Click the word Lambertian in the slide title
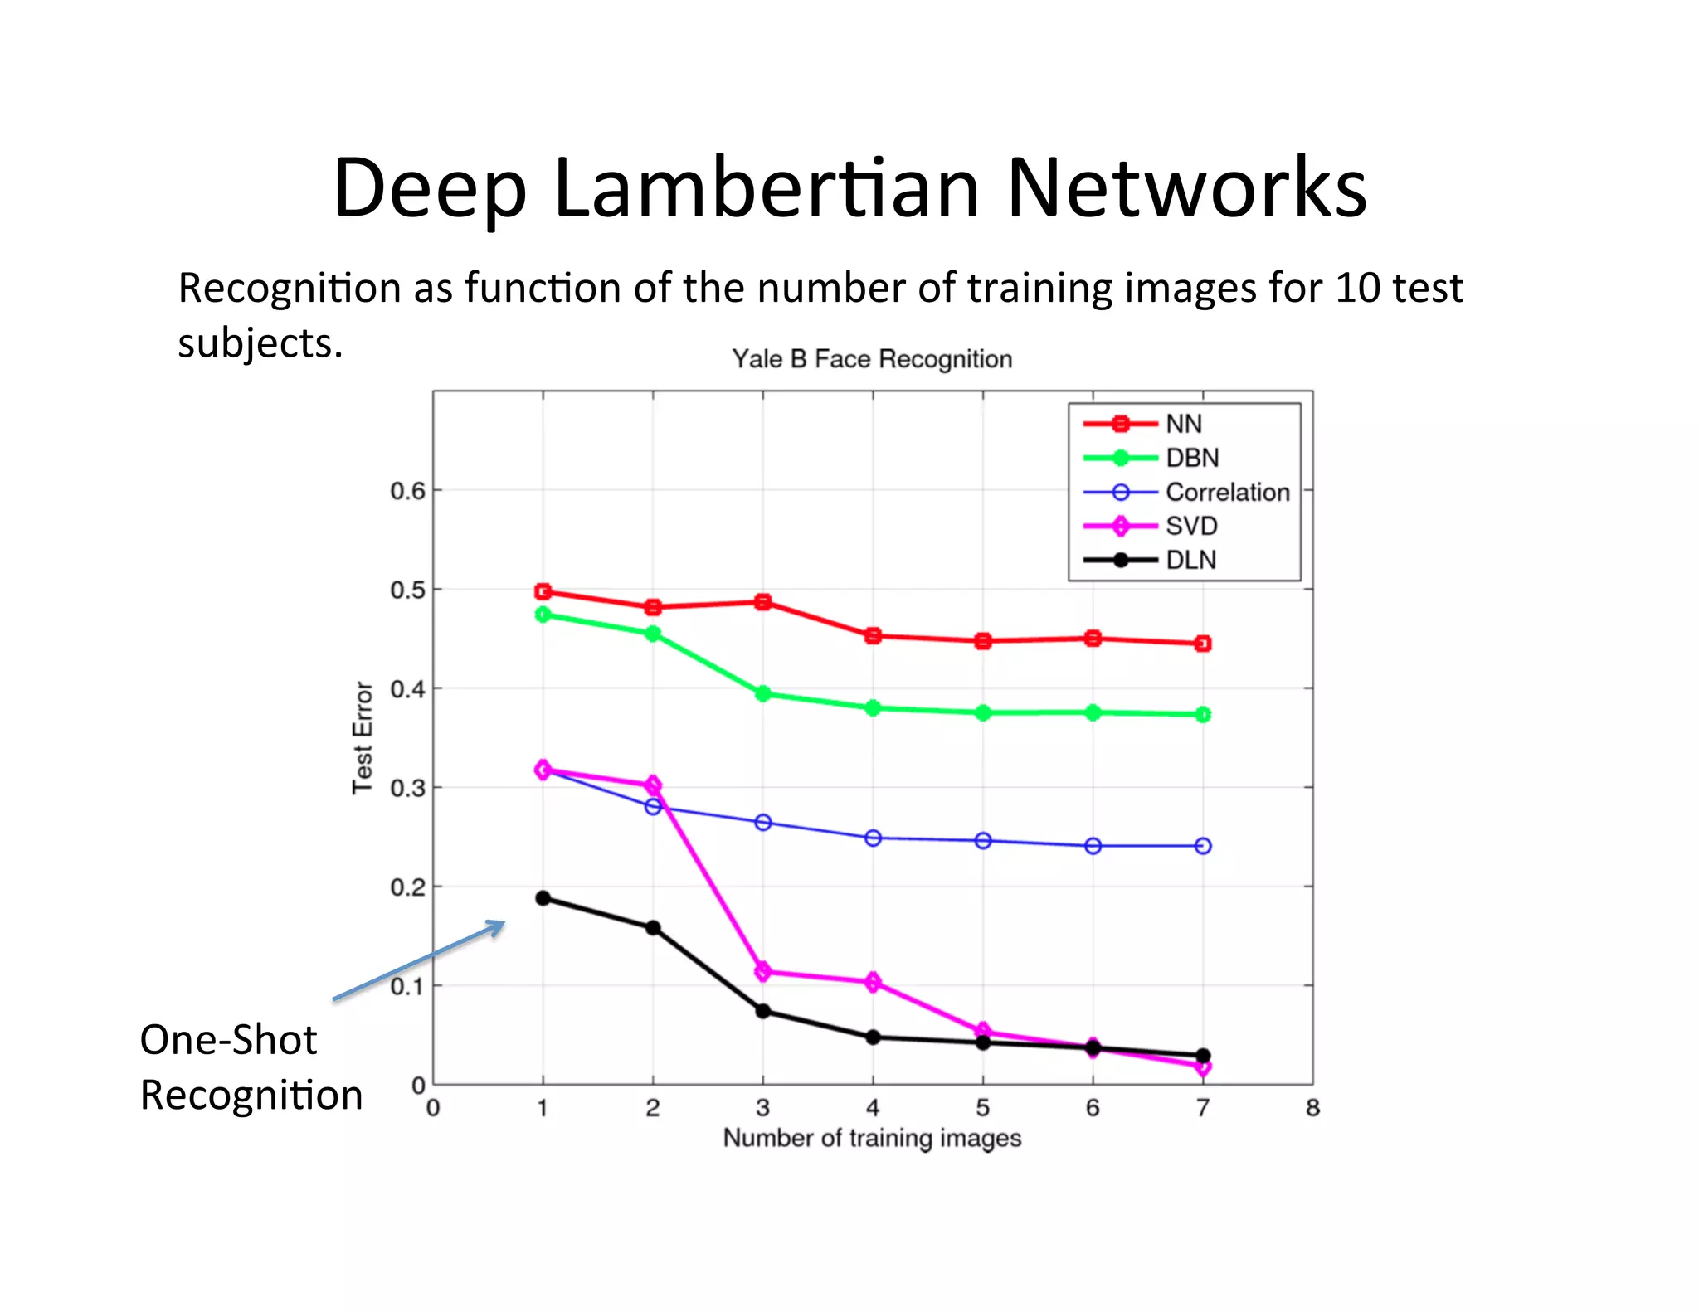[x=767, y=189]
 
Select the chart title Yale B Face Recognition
[x=872, y=359]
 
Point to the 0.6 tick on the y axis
[x=407, y=491]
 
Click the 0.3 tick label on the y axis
[x=407, y=788]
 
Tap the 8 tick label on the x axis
[x=1312, y=1108]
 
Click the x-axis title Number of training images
[x=872, y=1138]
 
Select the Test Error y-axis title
[x=363, y=737]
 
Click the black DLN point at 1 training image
[x=543, y=898]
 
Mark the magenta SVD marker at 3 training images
[x=763, y=971]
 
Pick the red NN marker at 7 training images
[x=1203, y=644]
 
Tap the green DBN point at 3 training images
[x=763, y=693]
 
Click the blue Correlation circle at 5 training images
[x=983, y=841]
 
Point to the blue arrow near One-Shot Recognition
[x=419, y=960]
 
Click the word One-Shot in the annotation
[x=228, y=1040]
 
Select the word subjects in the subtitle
[x=260, y=343]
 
